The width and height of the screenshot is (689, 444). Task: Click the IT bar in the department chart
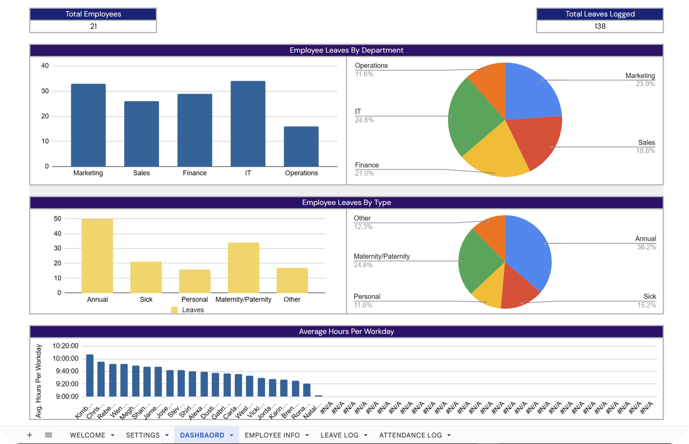[248, 124]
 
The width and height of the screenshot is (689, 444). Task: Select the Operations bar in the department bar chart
[301, 146]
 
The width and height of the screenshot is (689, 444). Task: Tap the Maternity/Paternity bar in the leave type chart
[243, 268]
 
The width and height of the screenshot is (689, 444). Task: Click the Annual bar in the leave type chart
[97, 256]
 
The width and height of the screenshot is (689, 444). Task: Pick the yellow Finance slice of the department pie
[496, 156]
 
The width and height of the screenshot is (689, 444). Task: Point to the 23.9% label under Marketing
[645, 84]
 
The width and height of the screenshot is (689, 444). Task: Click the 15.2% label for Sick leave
[646, 305]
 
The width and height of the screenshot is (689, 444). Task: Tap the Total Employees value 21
[93, 26]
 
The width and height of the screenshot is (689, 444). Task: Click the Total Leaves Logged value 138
[600, 26]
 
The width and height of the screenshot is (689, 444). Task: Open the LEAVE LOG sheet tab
[340, 435]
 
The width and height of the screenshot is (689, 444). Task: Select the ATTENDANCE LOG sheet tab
[410, 435]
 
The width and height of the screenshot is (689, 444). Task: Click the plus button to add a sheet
[29, 435]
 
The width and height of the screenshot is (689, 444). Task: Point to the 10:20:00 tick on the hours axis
[65, 346]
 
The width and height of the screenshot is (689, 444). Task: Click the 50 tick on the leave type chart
[58, 219]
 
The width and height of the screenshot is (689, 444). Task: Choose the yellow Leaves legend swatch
[174, 310]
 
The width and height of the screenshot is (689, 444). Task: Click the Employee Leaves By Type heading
[346, 202]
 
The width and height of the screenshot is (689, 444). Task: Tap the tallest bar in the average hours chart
[90, 375]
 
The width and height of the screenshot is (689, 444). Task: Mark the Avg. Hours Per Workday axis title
[38, 381]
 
